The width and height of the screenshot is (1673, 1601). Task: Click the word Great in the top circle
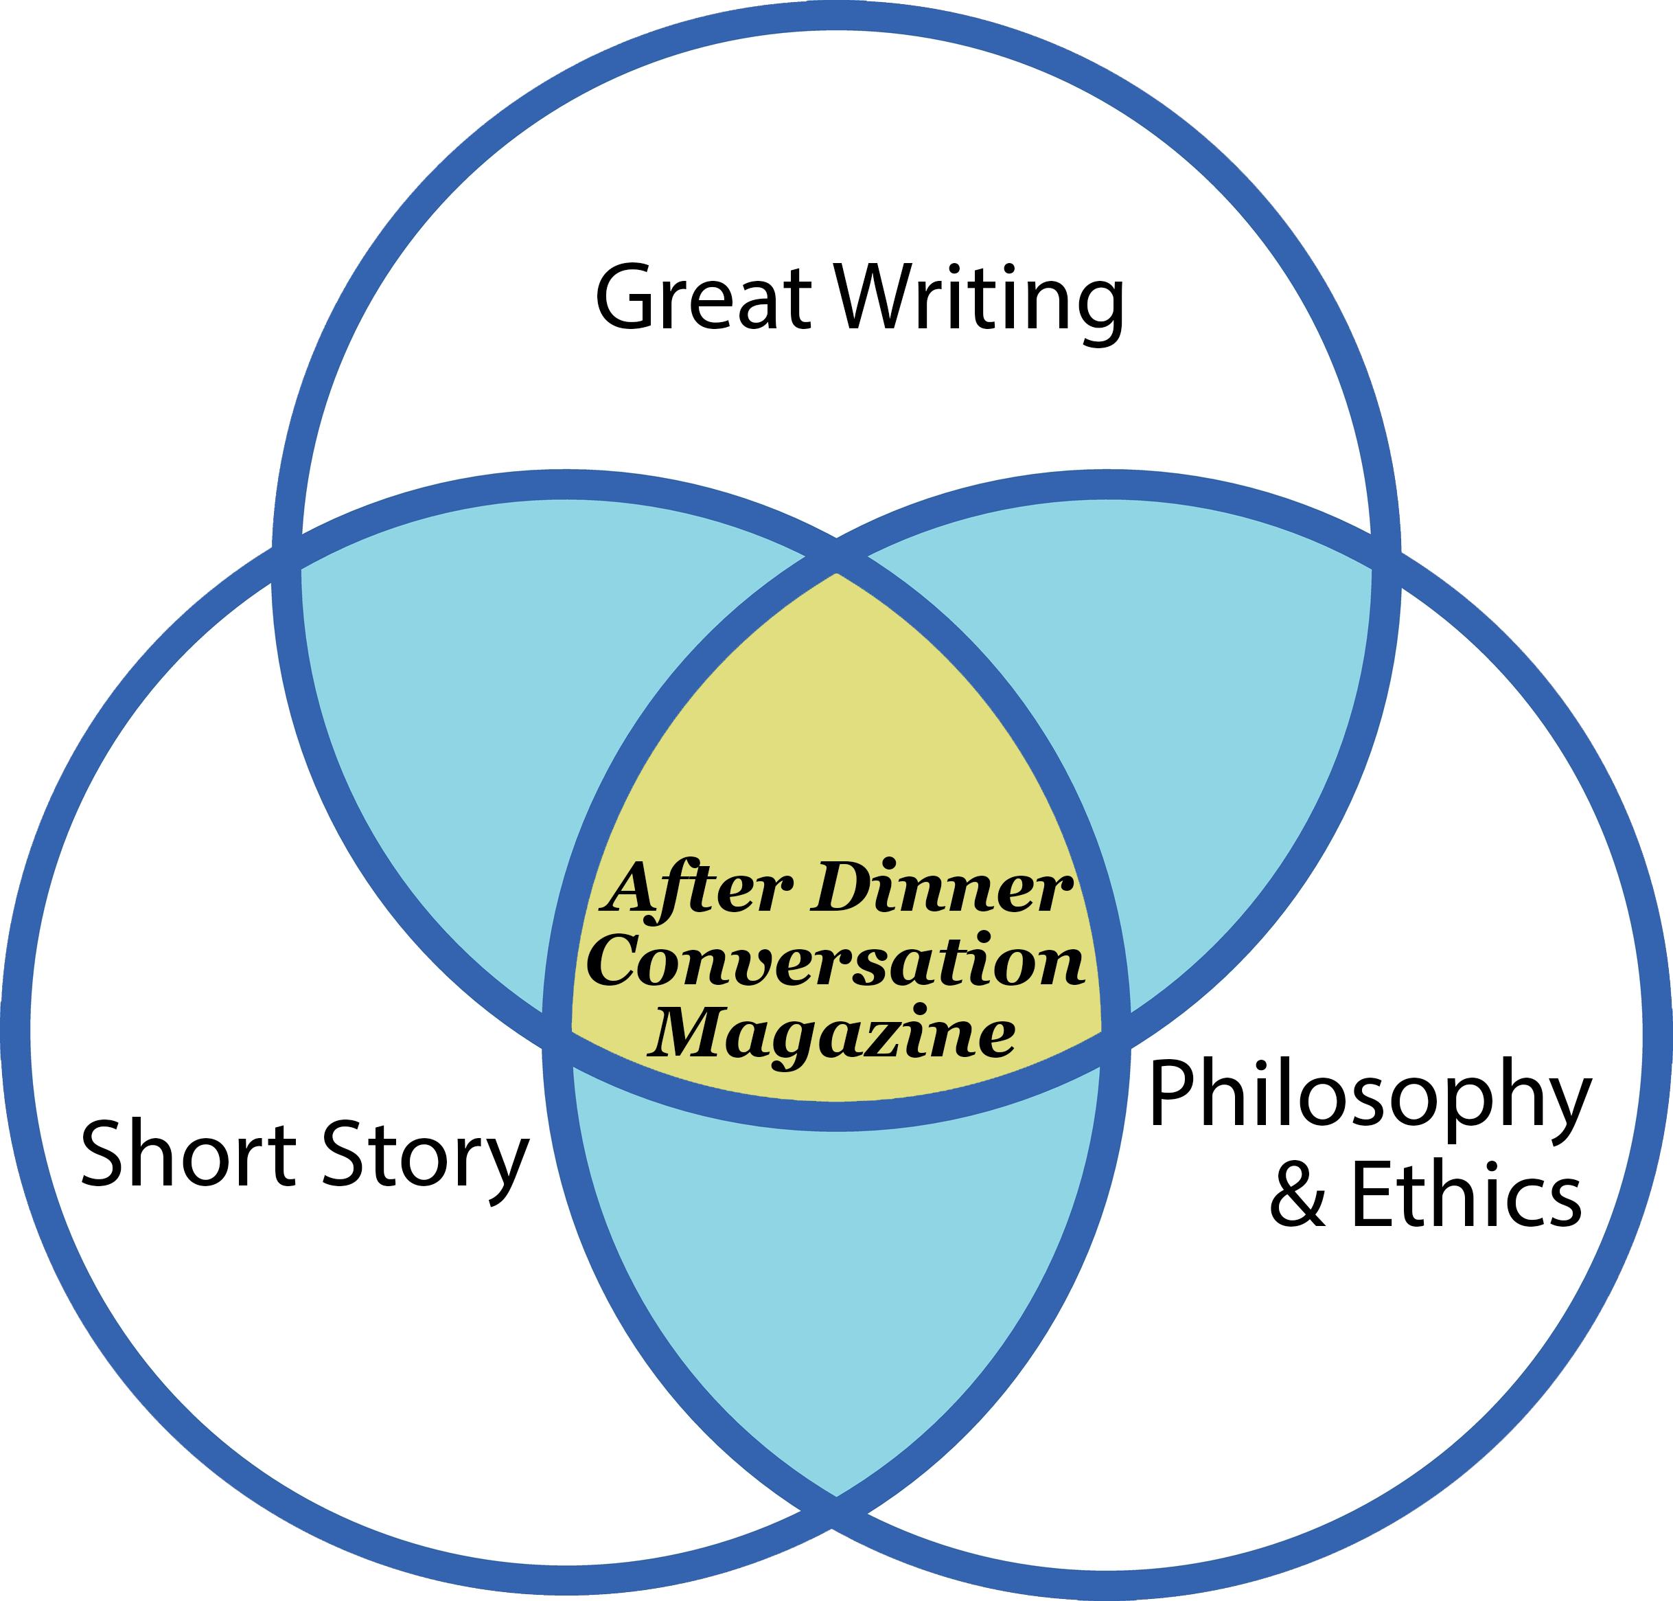click(x=703, y=298)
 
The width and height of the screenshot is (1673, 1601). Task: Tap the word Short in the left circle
click(x=187, y=1155)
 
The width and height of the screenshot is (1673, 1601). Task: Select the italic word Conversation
click(x=835, y=962)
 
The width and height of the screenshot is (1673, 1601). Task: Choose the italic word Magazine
click(x=832, y=1035)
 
